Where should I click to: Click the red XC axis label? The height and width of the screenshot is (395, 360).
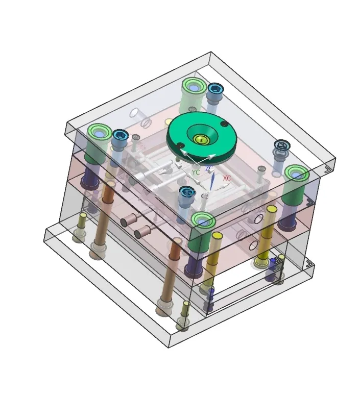pos(227,178)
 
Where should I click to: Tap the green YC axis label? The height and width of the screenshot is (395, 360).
pos(196,172)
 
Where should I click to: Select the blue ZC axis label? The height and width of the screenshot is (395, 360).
pos(209,168)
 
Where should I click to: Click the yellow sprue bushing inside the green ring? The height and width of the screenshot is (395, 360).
pos(200,139)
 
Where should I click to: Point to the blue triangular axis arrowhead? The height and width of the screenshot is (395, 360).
pos(212,181)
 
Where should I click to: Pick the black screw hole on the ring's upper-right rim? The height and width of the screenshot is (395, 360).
pos(224,124)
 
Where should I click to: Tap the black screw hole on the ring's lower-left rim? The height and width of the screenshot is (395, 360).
pos(180,145)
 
